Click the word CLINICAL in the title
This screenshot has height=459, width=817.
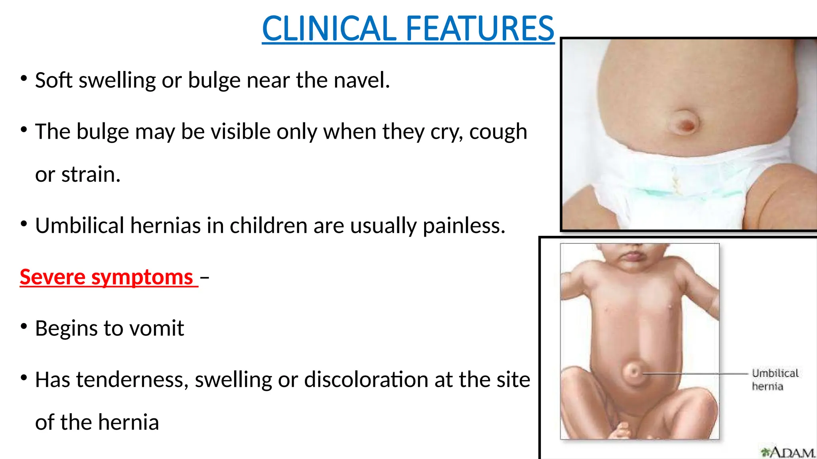coord(329,29)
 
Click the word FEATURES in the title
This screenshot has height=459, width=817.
coord(480,29)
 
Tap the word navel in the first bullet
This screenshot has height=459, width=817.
coord(361,80)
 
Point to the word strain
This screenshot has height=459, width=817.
coord(91,175)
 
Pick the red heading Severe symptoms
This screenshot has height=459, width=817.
coord(107,277)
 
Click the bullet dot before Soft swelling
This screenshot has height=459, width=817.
coord(24,78)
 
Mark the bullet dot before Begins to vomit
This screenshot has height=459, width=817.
coord(24,327)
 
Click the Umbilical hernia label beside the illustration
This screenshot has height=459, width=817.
coord(775,380)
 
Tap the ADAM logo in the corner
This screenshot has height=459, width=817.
coord(788,453)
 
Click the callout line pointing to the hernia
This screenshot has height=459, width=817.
coord(694,374)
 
